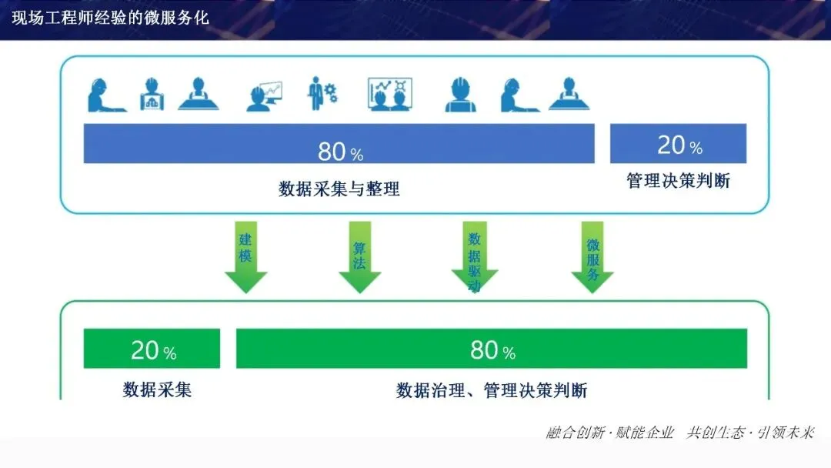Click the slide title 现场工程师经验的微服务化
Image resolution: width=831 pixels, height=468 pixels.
pyautogui.click(x=111, y=17)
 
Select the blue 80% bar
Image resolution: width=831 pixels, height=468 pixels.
pyautogui.click(x=339, y=144)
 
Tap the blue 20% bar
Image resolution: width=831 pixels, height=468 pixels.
pyautogui.click(x=678, y=144)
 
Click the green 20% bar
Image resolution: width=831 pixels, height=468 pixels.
pyautogui.click(x=152, y=349)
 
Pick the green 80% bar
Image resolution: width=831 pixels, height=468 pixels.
pyautogui.click(x=491, y=349)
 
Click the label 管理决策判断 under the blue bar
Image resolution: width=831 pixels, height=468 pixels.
pyautogui.click(x=678, y=182)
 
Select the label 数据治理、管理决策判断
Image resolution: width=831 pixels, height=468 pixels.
pyautogui.click(x=491, y=390)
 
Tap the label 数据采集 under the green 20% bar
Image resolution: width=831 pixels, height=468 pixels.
pyautogui.click(x=157, y=389)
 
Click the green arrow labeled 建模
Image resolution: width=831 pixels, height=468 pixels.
pyautogui.click(x=245, y=258)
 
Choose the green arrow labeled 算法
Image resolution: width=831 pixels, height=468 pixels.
pyautogui.click(x=359, y=258)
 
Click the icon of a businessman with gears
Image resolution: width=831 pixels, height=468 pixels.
pyautogui.click(x=322, y=94)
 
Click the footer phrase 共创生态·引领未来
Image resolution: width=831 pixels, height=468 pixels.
pyautogui.click(x=749, y=433)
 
